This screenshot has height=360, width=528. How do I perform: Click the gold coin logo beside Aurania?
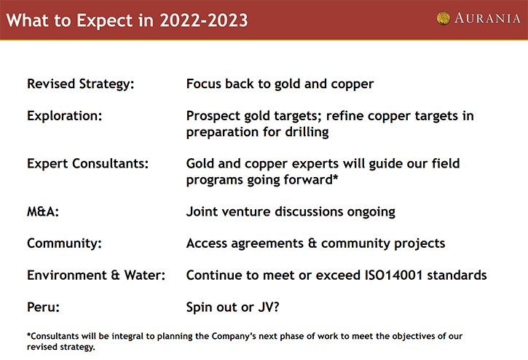point(443,18)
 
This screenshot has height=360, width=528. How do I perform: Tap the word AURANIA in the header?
point(487,18)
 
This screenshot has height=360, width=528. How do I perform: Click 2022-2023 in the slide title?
point(204,20)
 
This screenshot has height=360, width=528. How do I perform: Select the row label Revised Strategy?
point(81,85)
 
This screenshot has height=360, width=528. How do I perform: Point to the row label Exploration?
point(64,116)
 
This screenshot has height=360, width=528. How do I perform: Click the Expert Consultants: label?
point(87,164)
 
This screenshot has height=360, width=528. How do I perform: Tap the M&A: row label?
point(43,211)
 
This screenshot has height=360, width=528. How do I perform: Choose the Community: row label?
point(64,243)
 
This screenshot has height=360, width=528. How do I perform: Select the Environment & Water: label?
point(96,275)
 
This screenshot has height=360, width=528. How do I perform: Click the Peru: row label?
point(43,307)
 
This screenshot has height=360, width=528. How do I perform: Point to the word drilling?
point(307,132)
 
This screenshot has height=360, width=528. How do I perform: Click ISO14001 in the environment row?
point(394,275)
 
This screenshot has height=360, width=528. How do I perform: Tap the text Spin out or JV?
point(232,308)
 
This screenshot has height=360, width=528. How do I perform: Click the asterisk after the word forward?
point(336,176)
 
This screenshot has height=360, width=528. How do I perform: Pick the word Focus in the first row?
point(204,84)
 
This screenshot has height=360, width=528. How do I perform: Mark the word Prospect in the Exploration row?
point(213,117)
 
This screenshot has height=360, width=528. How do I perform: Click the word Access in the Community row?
point(207,243)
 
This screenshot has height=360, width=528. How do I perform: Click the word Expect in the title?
point(104,21)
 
